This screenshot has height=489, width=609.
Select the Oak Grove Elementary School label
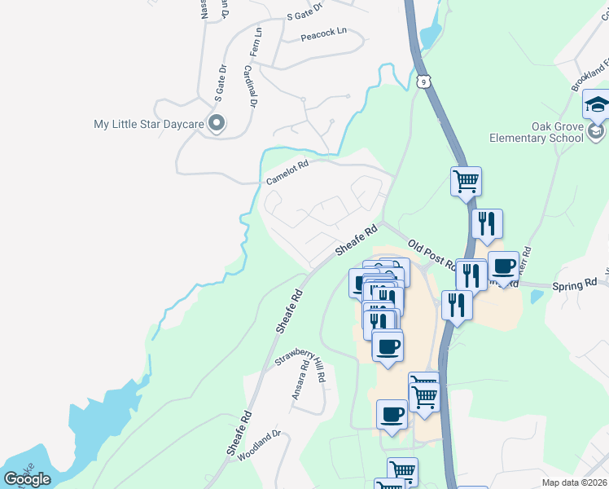point(536,132)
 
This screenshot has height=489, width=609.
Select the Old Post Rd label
point(432,254)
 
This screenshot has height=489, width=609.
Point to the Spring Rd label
point(575,284)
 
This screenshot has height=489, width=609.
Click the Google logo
point(28,478)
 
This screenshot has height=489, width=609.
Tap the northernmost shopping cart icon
point(466,181)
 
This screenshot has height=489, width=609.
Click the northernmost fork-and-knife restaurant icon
point(487,223)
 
